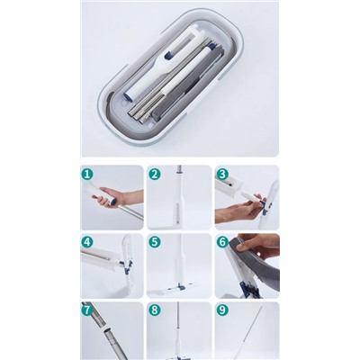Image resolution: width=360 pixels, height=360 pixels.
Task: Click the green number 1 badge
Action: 86,175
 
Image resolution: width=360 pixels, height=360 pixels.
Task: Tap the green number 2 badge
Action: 154,175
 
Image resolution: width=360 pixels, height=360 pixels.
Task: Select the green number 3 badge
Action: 222,175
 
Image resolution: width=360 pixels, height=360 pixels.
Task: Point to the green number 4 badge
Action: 86,242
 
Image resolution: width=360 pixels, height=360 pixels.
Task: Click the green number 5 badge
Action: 154,242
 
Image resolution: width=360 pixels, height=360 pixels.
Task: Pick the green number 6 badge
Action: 222,242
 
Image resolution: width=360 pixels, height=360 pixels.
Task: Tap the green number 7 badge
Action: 86,310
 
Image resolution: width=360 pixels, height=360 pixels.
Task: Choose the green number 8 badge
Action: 154,310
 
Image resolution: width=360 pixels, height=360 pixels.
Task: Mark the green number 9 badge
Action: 222,310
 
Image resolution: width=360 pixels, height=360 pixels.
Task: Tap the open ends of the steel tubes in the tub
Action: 139,115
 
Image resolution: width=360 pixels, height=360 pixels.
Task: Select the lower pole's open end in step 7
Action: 106,331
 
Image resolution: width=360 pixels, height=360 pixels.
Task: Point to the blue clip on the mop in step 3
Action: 265,207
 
